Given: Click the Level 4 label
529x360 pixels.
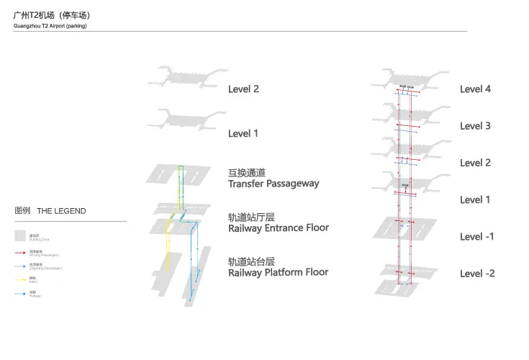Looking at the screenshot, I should pyautogui.click(x=475, y=89).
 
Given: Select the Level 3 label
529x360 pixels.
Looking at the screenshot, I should pyautogui.click(x=475, y=126).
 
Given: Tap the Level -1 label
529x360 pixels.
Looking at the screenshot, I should pyautogui.click(x=476, y=237).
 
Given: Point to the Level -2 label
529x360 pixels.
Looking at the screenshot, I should pyautogui.click(x=476, y=274).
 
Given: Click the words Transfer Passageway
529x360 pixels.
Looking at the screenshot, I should pyautogui.click(x=273, y=184).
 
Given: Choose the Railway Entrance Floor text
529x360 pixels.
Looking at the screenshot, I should pyautogui.click(x=278, y=228).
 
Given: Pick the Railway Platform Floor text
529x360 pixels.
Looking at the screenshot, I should pyautogui.click(x=278, y=272).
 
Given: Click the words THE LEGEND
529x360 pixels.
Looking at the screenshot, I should pyautogui.click(x=61, y=211).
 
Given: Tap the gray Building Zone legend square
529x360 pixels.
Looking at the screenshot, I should pyautogui.click(x=20, y=235).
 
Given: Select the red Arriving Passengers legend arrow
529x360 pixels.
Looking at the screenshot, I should pyautogui.click(x=20, y=253).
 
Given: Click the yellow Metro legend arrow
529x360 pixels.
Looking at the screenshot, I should pyautogui.click(x=20, y=280).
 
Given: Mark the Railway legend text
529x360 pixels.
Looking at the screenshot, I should pyautogui.click(x=35, y=296).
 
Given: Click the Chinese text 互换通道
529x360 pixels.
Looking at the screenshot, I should pyautogui.click(x=247, y=173).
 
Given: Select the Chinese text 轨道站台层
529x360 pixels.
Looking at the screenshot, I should pyautogui.click(x=251, y=261).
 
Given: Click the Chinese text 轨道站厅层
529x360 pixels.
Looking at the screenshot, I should pyautogui.click(x=251, y=217).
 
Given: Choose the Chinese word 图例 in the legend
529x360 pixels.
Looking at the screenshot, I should pyautogui.click(x=22, y=211).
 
